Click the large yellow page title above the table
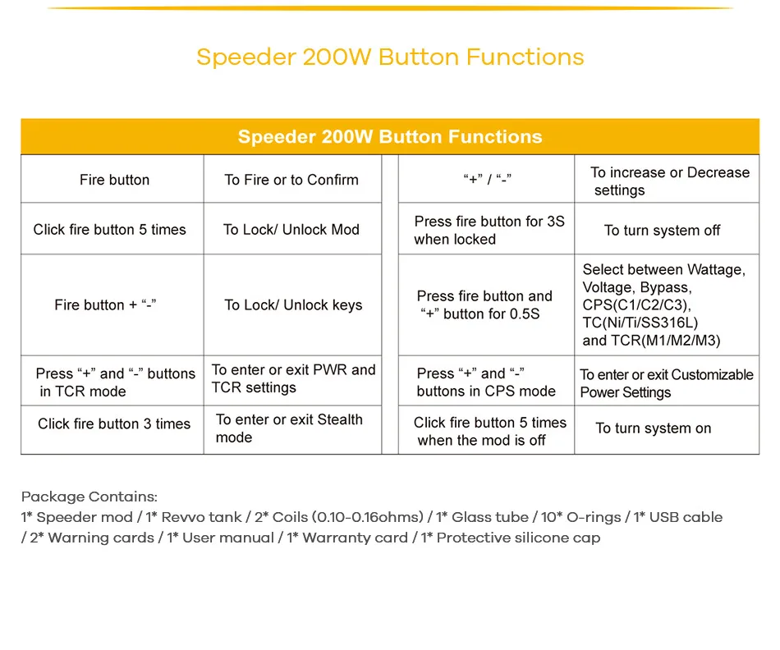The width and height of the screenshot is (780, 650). click(390, 57)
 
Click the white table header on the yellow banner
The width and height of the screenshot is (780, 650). click(390, 137)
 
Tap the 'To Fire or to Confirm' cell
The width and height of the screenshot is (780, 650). click(291, 180)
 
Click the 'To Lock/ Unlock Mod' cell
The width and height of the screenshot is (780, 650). click(291, 229)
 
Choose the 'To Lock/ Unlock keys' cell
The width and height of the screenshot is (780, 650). click(293, 304)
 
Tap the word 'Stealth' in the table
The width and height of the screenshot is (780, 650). click(340, 419)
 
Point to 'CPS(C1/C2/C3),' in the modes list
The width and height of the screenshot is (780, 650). click(637, 304)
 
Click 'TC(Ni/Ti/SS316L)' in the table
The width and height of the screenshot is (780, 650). click(640, 323)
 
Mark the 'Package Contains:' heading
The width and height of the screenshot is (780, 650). click(89, 497)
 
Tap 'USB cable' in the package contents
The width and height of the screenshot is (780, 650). click(686, 517)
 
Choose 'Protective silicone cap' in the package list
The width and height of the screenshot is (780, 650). click(518, 538)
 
